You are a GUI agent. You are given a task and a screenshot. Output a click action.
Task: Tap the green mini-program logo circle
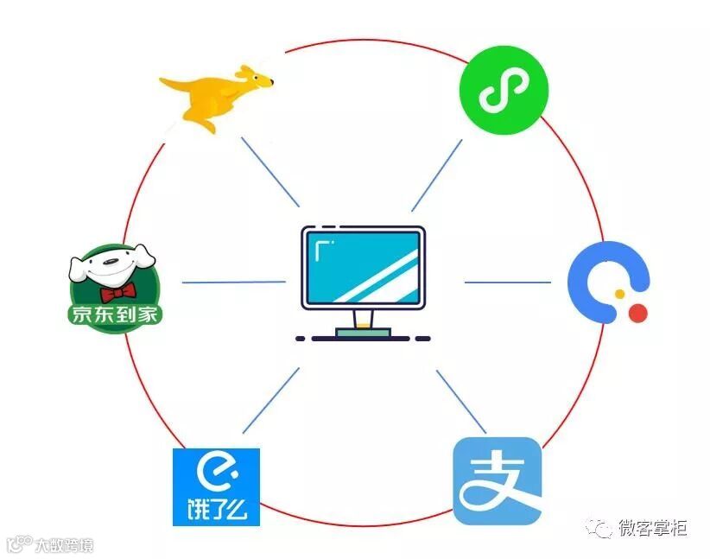tap(504, 90)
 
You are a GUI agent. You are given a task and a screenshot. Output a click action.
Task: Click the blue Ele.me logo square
tap(216, 487)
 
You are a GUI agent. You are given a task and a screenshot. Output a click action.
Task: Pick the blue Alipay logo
tap(498, 481)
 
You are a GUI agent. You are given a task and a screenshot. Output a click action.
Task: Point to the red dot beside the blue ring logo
tap(637, 313)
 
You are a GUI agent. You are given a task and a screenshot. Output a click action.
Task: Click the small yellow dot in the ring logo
tap(619, 295)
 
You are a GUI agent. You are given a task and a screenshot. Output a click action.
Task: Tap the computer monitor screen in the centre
tap(363, 264)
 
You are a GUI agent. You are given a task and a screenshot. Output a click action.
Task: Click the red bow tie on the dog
tap(117, 289)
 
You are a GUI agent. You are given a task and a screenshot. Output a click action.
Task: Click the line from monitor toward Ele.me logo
tap(271, 400)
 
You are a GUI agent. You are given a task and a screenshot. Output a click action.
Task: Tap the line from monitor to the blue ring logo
tap(507, 282)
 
